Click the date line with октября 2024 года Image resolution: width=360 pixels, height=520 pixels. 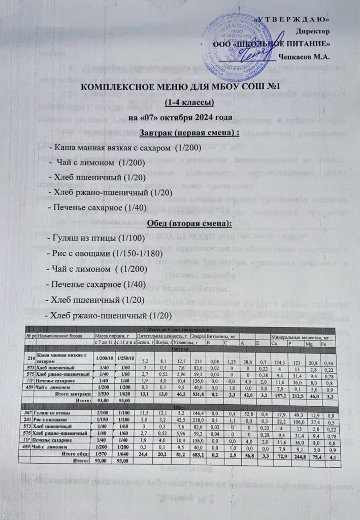(180, 118)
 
